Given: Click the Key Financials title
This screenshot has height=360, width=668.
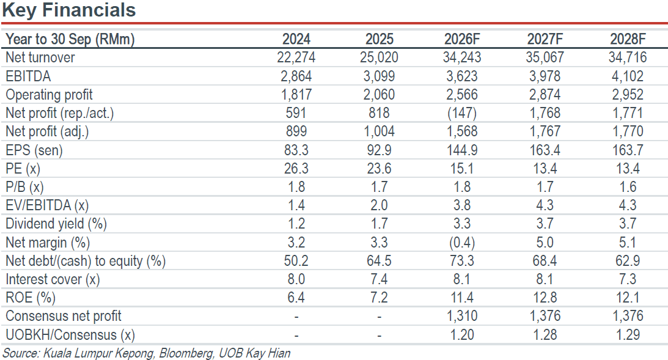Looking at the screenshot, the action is pyautogui.click(x=68, y=10).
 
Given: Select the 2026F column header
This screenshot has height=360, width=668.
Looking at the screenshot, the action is pyautogui.click(x=462, y=39).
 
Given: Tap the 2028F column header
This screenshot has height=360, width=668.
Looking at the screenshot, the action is pyautogui.click(x=628, y=39).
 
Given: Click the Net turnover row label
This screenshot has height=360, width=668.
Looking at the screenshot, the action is pyautogui.click(x=40, y=57).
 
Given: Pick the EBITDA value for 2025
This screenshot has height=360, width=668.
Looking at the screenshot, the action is pyautogui.click(x=379, y=76).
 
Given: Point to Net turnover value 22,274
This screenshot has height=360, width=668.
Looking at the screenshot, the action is pyautogui.click(x=296, y=57).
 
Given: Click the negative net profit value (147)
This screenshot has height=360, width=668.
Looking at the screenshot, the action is pyautogui.click(x=462, y=113).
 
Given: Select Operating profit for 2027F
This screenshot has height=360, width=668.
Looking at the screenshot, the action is pyautogui.click(x=545, y=95).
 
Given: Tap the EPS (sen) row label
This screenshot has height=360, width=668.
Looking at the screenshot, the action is pyautogui.click(x=34, y=150).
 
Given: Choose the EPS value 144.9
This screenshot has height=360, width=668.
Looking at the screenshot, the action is pyautogui.click(x=462, y=150).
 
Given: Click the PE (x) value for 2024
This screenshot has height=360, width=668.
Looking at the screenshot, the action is pyautogui.click(x=296, y=169).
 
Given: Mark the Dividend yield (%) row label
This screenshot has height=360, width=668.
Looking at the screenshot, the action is pyautogui.click(x=56, y=224).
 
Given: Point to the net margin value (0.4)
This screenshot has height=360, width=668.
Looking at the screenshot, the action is pyautogui.click(x=462, y=243).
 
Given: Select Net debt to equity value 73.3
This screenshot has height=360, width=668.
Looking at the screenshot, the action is pyautogui.click(x=462, y=261).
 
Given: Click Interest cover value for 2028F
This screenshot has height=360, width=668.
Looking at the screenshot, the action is pyautogui.click(x=628, y=279).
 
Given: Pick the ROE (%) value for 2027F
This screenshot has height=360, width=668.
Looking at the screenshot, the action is pyautogui.click(x=545, y=298).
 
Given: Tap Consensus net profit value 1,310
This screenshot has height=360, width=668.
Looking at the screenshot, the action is pyautogui.click(x=462, y=316).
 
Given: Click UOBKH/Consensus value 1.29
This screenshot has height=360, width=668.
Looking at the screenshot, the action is pyautogui.click(x=628, y=335).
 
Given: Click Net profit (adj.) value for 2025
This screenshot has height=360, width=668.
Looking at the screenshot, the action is pyautogui.click(x=379, y=131).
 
